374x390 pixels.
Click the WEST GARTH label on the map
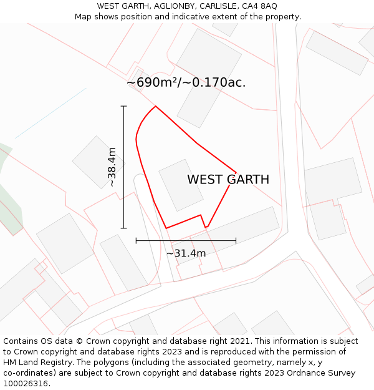[x=228, y=180]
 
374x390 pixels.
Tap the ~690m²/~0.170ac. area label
[x=186, y=82]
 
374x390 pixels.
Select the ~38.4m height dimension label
[x=112, y=167]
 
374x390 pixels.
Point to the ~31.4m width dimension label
[x=186, y=253]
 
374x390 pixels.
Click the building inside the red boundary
[x=181, y=185]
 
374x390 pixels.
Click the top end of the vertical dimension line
[x=124, y=107]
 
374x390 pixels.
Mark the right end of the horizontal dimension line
[x=236, y=240]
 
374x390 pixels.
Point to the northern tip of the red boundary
[x=155, y=106]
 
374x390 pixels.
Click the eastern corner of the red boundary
[x=236, y=172]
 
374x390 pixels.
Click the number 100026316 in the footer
[x=26, y=384]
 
